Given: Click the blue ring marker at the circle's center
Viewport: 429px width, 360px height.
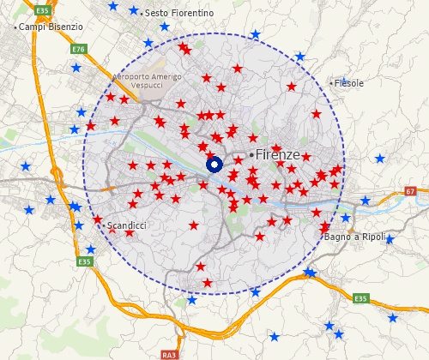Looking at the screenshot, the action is coord(214,165).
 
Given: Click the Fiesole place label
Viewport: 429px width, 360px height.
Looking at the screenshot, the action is coord(349,83).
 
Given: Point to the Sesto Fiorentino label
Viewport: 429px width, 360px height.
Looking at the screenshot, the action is coord(179,14).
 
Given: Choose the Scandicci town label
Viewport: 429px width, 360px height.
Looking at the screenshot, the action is coord(127,225).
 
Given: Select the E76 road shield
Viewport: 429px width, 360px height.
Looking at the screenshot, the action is coord(79,50).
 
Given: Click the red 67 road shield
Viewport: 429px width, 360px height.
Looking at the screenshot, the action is coord(410,190).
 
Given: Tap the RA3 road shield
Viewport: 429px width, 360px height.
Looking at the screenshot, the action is coord(168,354).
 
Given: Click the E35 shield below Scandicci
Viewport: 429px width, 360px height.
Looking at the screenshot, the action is coord(83,261).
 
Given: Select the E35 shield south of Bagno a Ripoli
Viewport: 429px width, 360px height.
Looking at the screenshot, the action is coord(360,298).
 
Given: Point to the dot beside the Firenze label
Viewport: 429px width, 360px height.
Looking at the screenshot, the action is coord(251,154).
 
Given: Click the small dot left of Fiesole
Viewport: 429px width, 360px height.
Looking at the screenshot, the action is coord(331,83).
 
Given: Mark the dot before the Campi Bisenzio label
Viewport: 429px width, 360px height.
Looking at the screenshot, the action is coord(15,27).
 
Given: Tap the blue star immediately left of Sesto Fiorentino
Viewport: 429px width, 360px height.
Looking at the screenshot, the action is coord(133,11).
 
